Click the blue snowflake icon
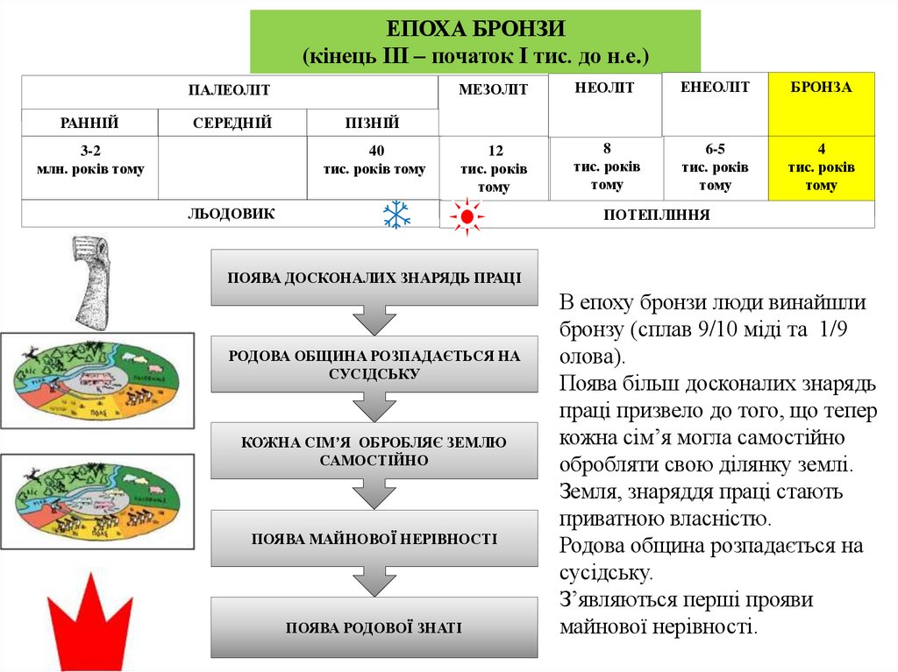pos(397,215)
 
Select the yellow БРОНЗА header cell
pos(821,104)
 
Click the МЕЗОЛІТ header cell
pos(493,105)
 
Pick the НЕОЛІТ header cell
pos(604,105)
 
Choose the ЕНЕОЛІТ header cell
pos(715,104)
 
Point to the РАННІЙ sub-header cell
pos(89,123)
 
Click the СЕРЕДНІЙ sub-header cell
pos(232,123)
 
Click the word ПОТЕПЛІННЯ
pos(656,215)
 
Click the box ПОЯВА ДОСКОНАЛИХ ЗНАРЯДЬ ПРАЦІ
pos(374,278)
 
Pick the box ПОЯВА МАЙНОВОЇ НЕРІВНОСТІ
pos(374,539)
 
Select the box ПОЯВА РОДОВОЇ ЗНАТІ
pos(374,627)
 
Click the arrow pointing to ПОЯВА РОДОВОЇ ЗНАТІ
pos(374,582)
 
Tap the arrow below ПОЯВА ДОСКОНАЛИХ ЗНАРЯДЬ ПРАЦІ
pos(374,320)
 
